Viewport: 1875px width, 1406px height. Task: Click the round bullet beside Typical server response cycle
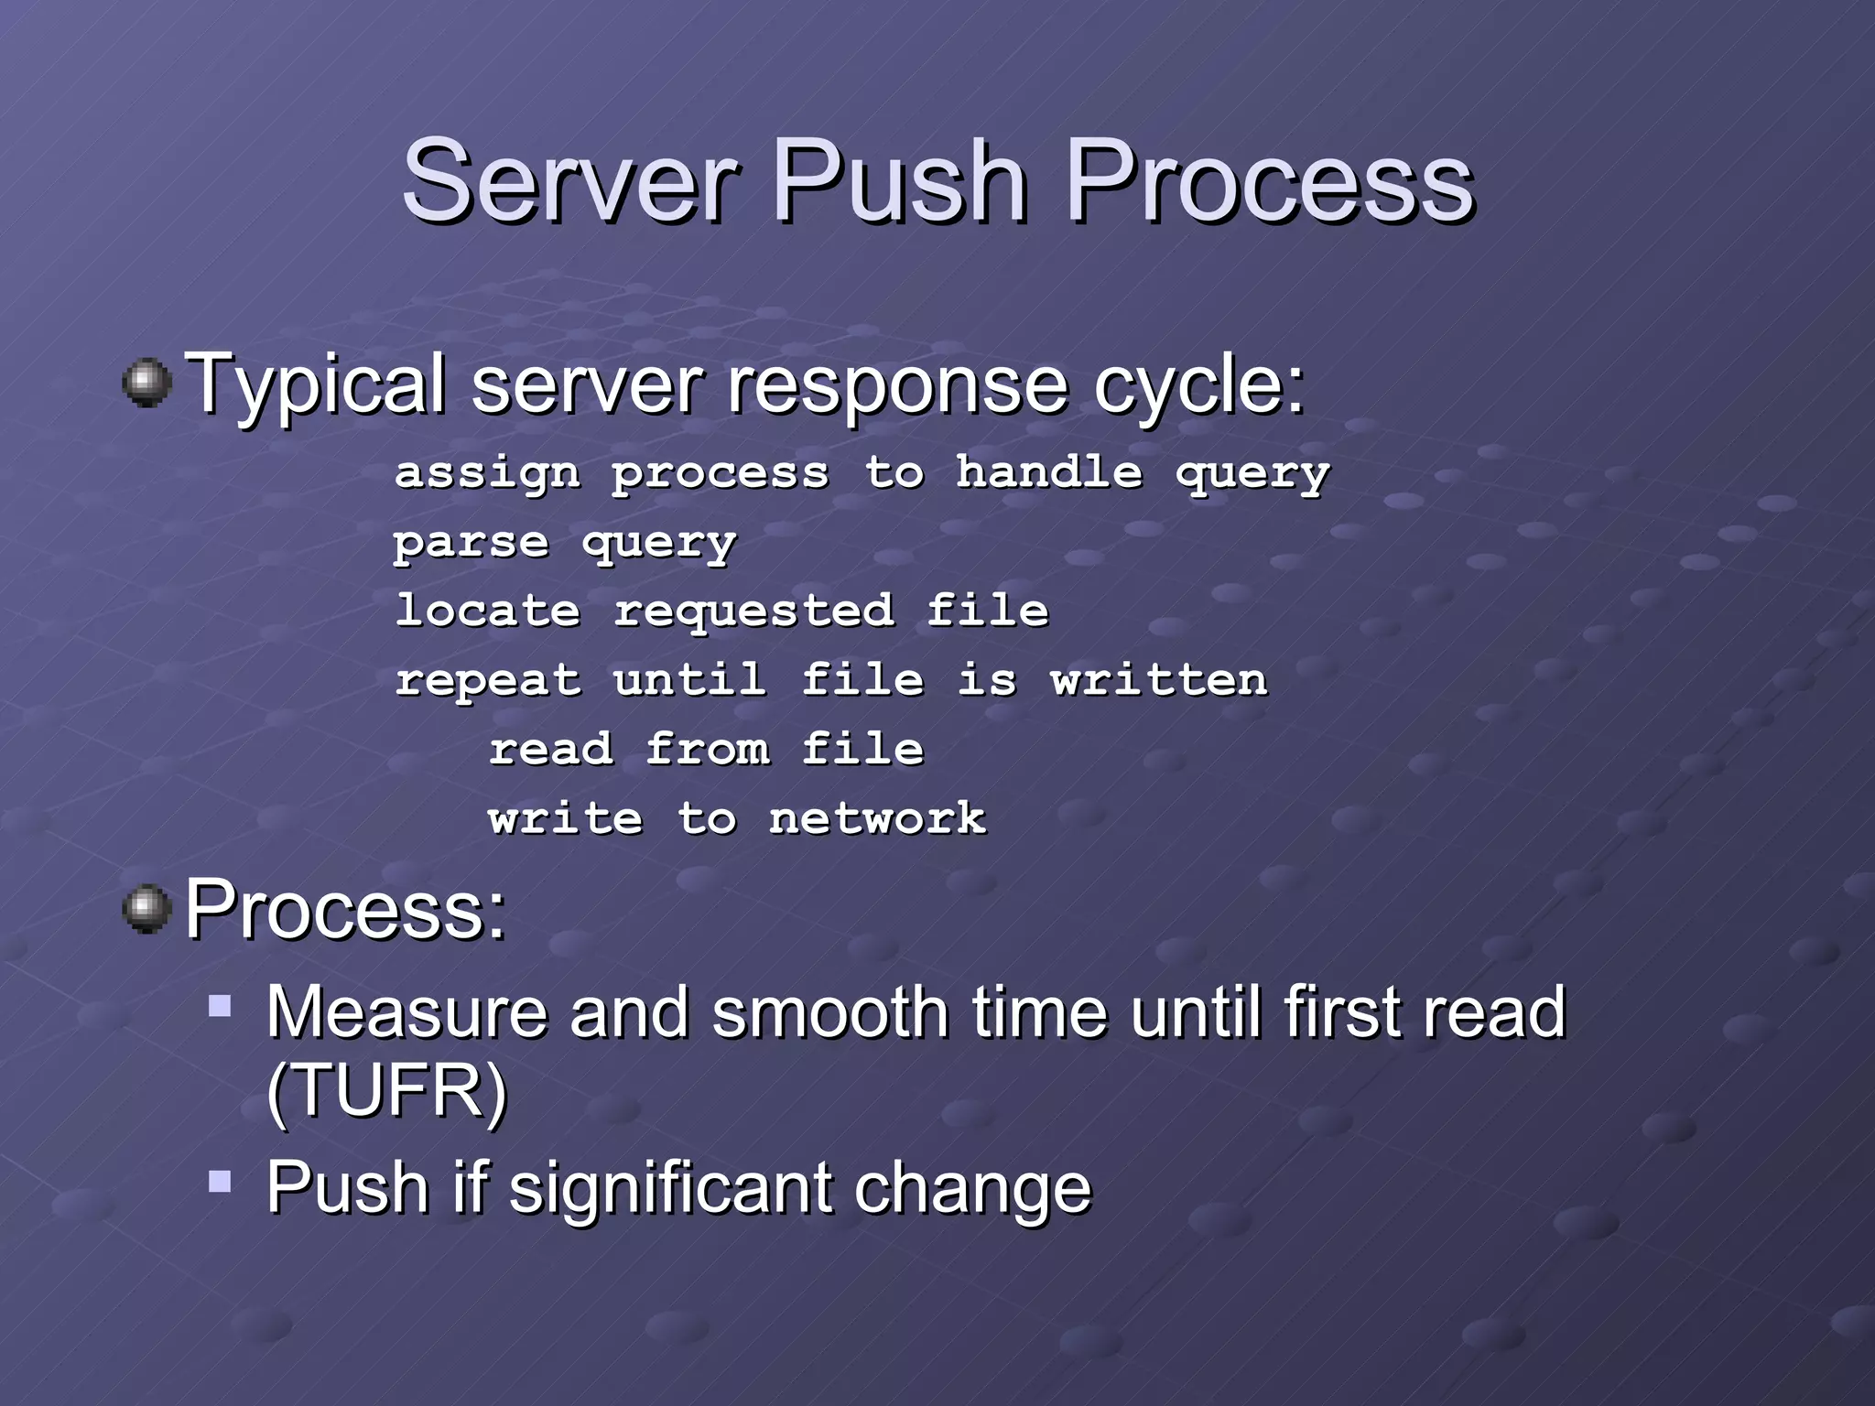[x=146, y=383]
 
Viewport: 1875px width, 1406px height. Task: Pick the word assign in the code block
[x=487, y=474]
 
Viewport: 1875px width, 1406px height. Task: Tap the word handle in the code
[x=1049, y=472]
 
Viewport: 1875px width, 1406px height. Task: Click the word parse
[x=471, y=544]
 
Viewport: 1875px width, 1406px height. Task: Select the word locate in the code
[x=487, y=611]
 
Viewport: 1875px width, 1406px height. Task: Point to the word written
[x=1159, y=680]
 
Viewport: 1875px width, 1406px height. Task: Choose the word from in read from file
[x=708, y=749]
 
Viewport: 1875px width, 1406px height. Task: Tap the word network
[x=877, y=818]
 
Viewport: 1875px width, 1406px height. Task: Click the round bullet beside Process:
[x=146, y=909]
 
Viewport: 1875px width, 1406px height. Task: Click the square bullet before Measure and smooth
[x=220, y=1007]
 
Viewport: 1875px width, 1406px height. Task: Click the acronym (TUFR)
[x=386, y=1090]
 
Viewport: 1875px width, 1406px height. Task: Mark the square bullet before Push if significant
[x=220, y=1181]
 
